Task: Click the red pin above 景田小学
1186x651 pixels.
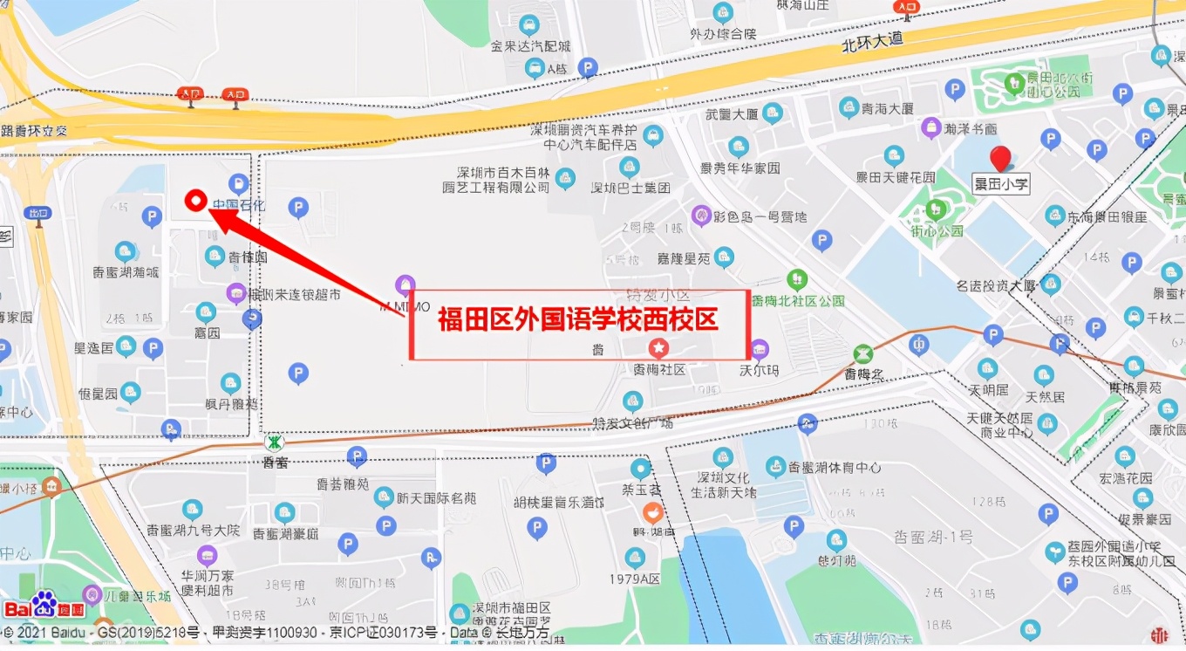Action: click(x=1000, y=158)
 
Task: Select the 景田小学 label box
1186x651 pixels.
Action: click(x=1001, y=184)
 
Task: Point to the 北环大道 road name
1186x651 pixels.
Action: click(x=872, y=40)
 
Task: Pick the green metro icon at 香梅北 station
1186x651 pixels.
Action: click(x=862, y=354)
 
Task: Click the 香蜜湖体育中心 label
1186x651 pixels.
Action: click(x=835, y=468)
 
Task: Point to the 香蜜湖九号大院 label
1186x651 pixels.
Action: click(x=193, y=530)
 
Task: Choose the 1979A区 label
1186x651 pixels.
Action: click(x=636, y=578)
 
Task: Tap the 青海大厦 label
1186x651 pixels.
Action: click(x=887, y=109)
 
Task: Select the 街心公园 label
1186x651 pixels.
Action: click(x=937, y=231)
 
